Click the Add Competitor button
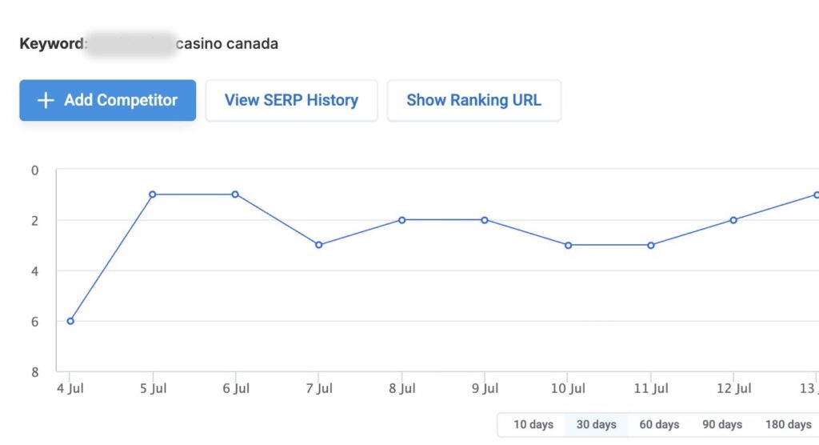108,100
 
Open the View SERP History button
291,100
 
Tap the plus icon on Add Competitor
46,100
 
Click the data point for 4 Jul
70,321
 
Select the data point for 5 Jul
152,194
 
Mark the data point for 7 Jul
318,245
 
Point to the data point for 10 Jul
568,245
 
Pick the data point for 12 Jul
733,220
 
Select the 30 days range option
596,424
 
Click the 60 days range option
659,424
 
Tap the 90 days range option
722,424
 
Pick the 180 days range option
788,424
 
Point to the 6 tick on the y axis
34,322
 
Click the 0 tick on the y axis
34,170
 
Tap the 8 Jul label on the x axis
402,389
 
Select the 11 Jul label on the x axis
651,389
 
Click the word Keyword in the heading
51,43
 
